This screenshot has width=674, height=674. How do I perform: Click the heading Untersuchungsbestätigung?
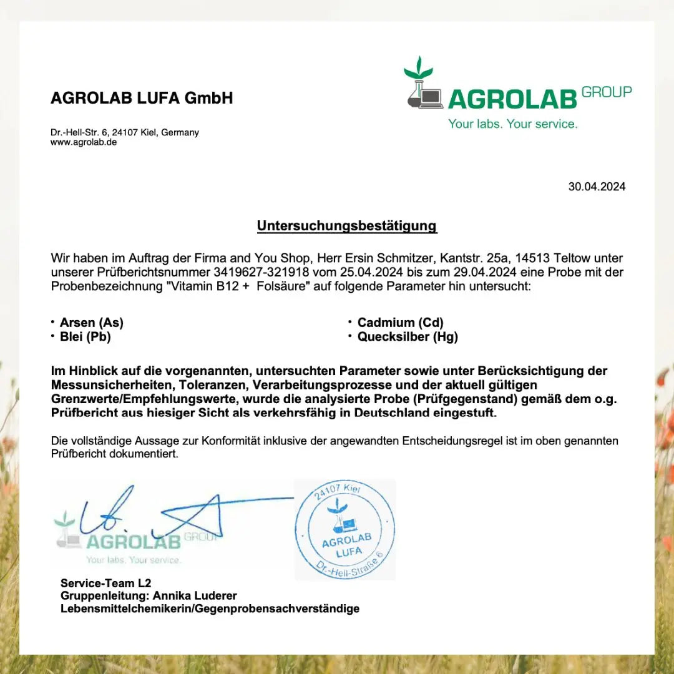coord(347,226)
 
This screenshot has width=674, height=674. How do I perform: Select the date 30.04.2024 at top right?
coord(596,187)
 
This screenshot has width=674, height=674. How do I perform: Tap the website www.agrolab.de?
coord(84,142)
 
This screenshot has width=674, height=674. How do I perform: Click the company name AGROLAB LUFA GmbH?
coord(142,98)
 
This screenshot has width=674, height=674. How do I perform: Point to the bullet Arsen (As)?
coord(91,323)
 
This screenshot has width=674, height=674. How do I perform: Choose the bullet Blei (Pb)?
coord(85,337)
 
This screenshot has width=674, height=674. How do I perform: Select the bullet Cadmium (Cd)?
coord(400,323)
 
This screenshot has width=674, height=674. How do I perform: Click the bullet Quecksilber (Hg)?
coord(408,337)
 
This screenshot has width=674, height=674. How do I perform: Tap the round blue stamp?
coord(345,529)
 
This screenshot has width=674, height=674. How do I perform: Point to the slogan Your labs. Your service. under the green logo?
coord(512,124)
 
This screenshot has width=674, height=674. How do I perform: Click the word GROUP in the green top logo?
coord(606,92)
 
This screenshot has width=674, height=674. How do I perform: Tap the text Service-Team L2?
coord(105,584)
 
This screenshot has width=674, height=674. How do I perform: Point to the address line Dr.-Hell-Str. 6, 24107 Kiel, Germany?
coord(125,132)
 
